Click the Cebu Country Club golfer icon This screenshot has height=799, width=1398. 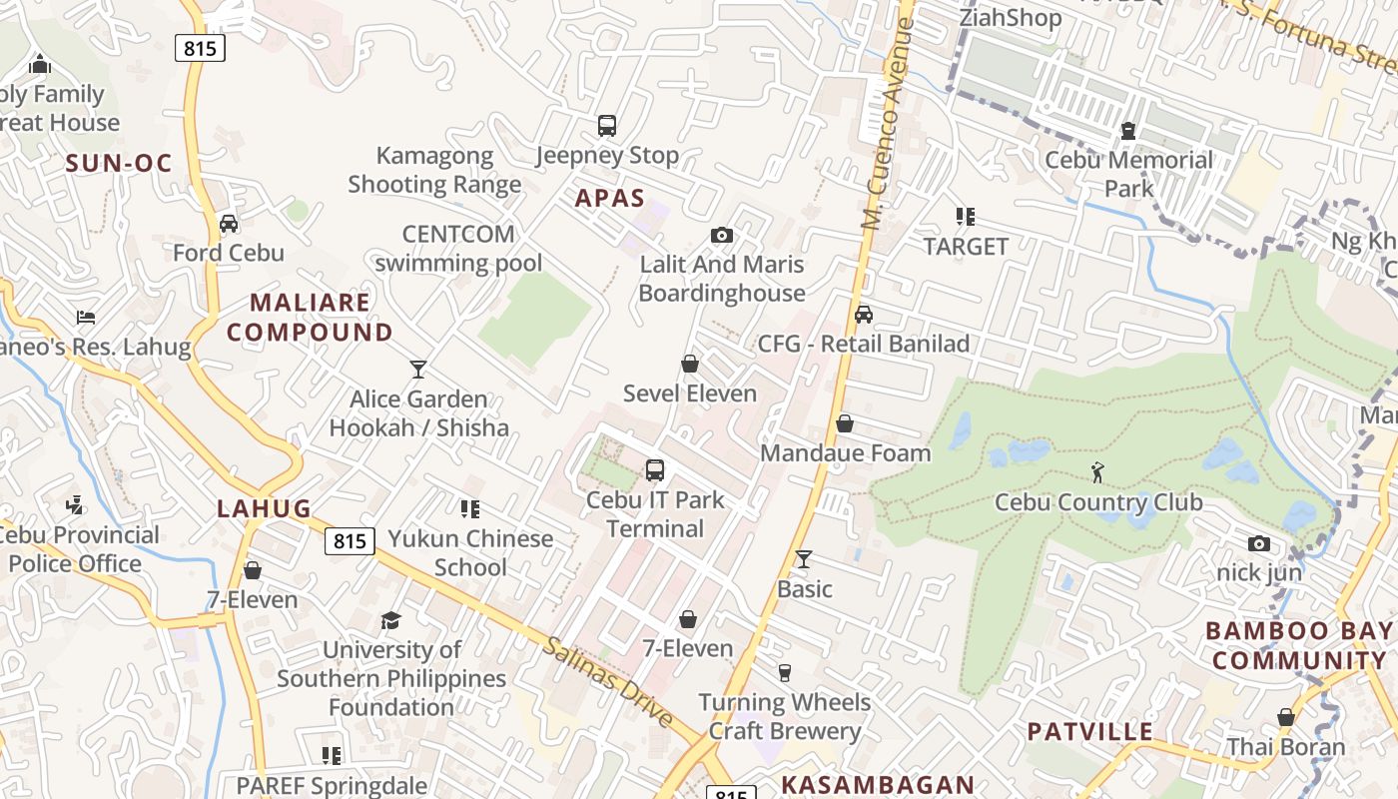tap(1098, 471)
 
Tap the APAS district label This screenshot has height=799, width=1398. tap(610, 198)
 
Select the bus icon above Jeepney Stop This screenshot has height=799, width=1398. tap(607, 126)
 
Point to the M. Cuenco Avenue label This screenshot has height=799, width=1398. tap(888, 124)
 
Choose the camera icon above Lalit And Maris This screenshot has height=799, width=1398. tap(721, 236)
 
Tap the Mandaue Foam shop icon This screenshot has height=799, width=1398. tap(845, 423)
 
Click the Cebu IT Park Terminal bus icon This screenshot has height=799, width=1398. tap(655, 469)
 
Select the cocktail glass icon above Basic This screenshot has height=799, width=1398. tap(804, 559)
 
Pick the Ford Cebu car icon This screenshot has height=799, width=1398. tap(229, 223)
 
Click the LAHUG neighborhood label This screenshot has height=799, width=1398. tap(264, 508)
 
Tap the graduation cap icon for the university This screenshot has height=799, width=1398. tap(390, 620)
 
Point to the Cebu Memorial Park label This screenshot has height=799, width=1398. tap(1128, 174)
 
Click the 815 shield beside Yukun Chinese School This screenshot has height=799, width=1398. tap(349, 541)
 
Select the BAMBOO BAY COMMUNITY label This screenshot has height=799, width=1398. tap(1298, 645)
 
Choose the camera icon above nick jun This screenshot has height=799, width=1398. tap(1259, 543)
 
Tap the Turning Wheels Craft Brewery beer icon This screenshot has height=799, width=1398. tap(785, 673)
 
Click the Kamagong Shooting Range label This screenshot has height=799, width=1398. tap(434, 170)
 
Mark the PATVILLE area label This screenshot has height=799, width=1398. tap(1090, 731)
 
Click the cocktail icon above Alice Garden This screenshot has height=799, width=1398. tap(418, 370)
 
